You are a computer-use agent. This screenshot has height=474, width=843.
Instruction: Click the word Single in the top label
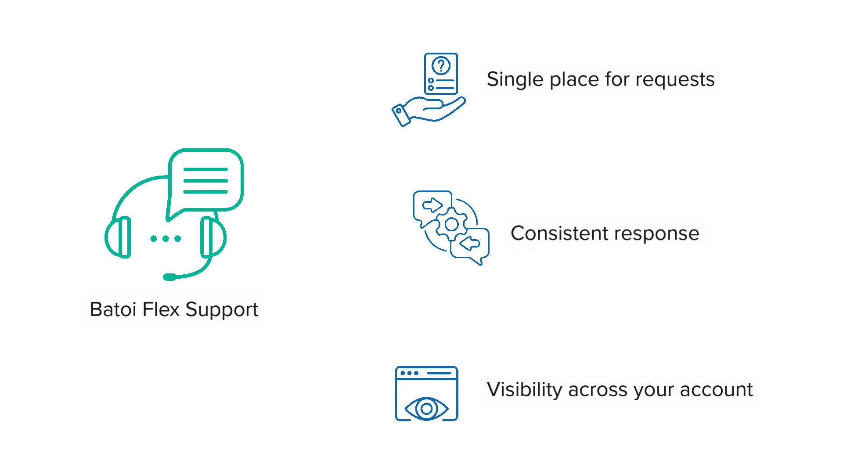(x=515, y=79)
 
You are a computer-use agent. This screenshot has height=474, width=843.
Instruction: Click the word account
(x=716, y=390)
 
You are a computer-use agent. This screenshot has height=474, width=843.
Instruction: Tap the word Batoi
(x=113, y=309)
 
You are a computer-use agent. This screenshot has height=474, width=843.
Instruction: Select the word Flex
(x=161, y=309)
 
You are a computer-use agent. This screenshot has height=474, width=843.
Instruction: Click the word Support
(x=222, y=310)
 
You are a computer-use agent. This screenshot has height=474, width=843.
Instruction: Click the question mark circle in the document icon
(x=441, y=66)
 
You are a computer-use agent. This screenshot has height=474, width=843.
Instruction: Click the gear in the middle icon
(x=451, y=225)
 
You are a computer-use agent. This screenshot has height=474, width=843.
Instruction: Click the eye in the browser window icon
(x=426, y=409)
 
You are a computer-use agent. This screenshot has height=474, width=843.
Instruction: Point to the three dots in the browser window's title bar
(x=409, y=373)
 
